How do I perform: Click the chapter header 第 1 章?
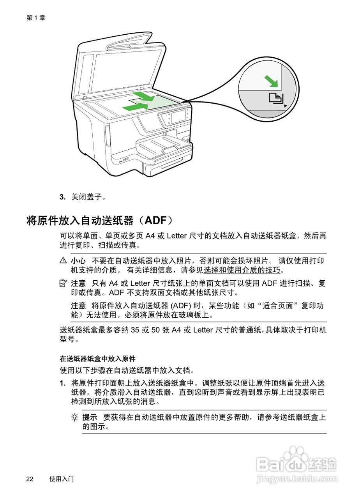[x=36, y=18]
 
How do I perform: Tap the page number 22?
[x=30, y=479]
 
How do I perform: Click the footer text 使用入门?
[x=62, y=479]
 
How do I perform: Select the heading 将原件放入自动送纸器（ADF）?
[x=100, y=221]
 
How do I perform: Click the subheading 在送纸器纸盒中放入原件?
[x=97, y=358]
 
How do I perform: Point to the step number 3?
[x=62, y=197]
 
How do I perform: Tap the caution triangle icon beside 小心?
[x=63, y=260]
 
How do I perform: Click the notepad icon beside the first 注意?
[x=63, y=283]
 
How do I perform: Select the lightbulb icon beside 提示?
[x=74, y=417]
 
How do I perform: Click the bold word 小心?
[x=78, y=260]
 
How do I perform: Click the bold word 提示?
[x=90, y=417]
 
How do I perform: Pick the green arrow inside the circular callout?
[x=272, y=81]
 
